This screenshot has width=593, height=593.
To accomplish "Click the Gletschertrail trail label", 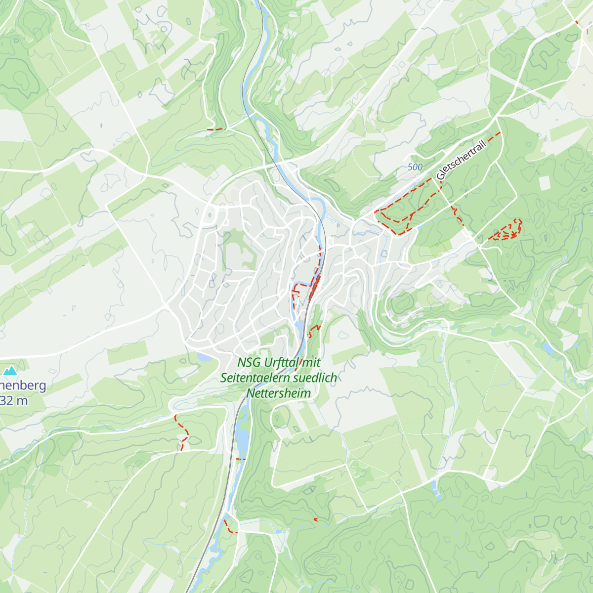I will coord(462,160).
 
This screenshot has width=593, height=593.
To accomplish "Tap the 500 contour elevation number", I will coord(415,167).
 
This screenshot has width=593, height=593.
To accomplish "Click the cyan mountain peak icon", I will coord(10,370).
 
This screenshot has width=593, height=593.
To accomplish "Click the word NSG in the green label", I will coord(249,362).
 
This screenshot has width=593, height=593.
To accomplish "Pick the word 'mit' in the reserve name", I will coord(312,362).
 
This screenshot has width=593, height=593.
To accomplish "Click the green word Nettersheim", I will coord(279,394).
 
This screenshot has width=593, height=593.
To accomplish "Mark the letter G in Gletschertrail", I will coord(440,176).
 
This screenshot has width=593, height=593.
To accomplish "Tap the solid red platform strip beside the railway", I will coord(314,288).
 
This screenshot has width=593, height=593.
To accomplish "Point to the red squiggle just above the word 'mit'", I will coord(313,330).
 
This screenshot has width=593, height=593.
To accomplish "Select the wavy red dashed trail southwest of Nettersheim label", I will coord(182,432).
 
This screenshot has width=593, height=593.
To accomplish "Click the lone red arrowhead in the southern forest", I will coord(316,519).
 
